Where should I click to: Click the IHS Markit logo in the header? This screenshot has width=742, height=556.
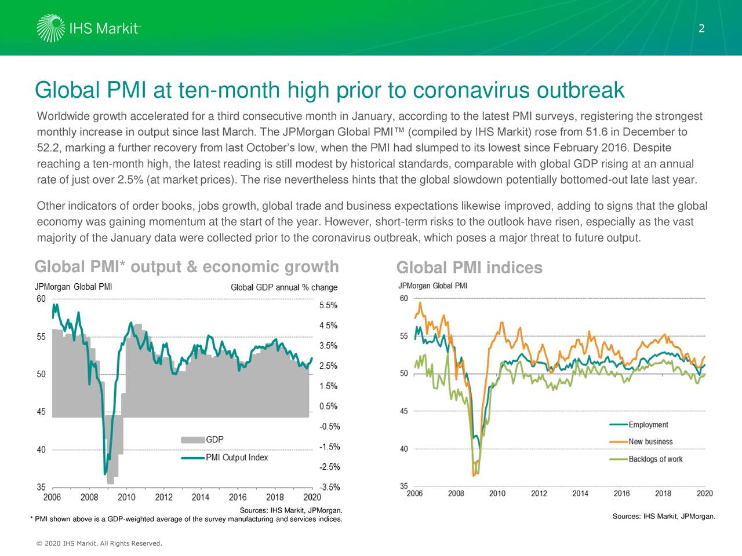click(x=88, y=28)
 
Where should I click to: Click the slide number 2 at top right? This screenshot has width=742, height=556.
click(x=701, y=29)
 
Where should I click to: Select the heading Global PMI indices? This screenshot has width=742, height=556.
click(x=469, y=268)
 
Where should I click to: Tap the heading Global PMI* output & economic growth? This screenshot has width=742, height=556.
click(x=186, y=266)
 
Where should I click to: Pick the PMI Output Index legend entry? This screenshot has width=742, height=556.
click(x=237, y=458)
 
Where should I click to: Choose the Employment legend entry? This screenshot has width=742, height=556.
click(x=648, y=425)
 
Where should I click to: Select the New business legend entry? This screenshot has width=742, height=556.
click(x=650, y=442)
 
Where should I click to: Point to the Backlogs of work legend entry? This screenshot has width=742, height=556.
click(x=655, y=459)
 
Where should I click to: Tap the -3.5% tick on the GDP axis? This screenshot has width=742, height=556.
click(x=329, y=488)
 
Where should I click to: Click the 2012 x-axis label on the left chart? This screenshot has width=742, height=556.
click(x=163, y=497)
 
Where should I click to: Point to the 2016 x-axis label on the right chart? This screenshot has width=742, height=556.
click(x=621, y=493)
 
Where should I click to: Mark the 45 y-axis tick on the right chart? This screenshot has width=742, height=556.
click(x=403, y=411)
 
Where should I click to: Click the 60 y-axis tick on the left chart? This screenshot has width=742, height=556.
click(x=41, y=299)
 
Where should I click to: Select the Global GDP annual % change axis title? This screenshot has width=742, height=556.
click(x=283, y=288)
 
